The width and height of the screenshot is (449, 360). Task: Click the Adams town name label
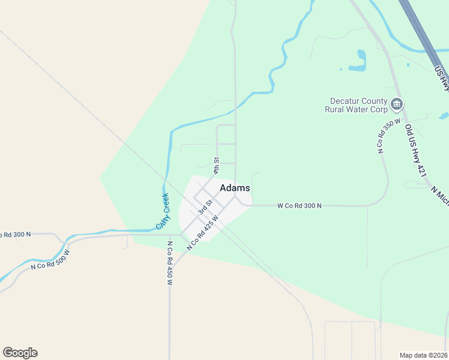point(235,188)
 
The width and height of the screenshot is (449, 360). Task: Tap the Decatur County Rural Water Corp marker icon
point(396,105)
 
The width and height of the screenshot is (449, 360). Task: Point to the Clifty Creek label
point(163,211)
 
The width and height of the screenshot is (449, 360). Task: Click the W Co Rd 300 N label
point(300,206)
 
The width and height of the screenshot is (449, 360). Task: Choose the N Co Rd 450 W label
point(170,263)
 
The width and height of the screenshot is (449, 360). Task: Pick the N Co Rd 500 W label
point(50,259)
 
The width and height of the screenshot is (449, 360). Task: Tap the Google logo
point(20,353)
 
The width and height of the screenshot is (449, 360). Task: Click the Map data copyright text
point(424,355)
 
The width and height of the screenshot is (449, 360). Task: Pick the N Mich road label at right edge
point(440,195)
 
